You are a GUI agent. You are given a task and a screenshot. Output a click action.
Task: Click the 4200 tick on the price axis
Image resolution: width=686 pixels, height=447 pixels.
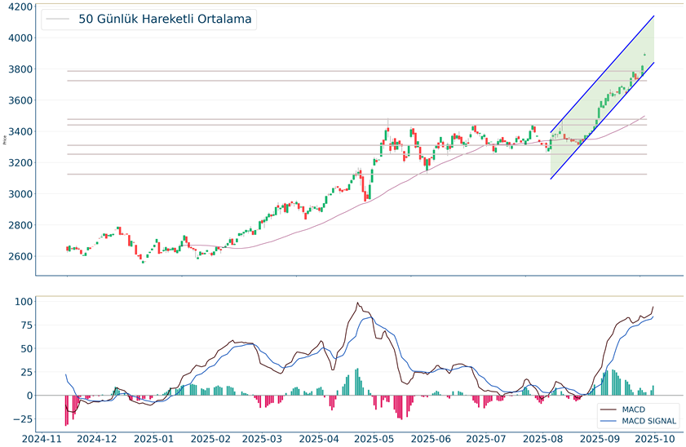pyautogui.click(x=19, y=7)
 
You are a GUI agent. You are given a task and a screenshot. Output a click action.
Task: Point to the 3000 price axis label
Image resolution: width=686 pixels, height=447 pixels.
pyautogui.click(x=19, y=194)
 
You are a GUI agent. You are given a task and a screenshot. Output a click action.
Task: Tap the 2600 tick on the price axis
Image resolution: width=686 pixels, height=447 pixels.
pyautogui.click(x=19, y=256)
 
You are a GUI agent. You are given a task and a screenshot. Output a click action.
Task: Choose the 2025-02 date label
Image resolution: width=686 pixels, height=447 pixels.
pyautogui.click(x=210, y=438)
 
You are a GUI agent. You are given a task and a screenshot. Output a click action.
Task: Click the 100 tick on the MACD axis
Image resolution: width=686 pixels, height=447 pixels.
pyautogui.click(x=23, y=302)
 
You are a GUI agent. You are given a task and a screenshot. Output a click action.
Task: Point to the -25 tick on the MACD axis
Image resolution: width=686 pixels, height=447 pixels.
pyautogui.click(x=22, y=419)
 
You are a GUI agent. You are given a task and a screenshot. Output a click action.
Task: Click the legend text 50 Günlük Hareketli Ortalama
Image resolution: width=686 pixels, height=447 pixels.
pyautogui.click(x=165, y=19)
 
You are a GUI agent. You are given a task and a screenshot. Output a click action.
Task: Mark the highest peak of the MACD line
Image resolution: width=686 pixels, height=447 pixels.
pyautogui.click(x=357, y=303)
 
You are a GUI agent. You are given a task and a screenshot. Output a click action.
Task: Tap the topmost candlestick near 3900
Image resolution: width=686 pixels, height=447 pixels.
pyautogui.click(x=644, y=55)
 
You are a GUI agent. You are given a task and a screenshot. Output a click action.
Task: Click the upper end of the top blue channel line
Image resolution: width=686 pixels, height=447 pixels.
pyautogui.click(x=654, y=15)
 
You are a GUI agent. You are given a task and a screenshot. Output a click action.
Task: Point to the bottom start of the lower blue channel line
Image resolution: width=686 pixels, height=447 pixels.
pyautogui.click(x=551, y=179)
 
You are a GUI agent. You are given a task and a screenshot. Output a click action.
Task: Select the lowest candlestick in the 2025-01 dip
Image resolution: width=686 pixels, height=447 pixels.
pyautogui.click(x=143, y=261)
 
